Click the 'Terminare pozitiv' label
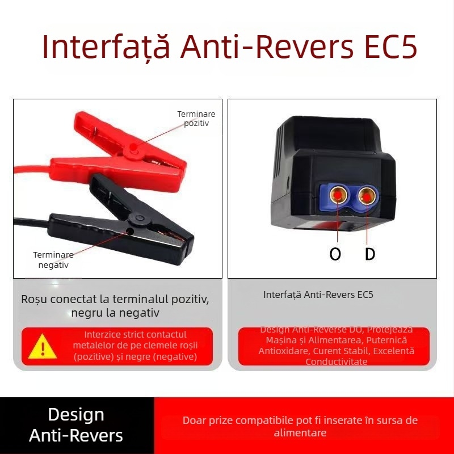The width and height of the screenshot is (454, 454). (196, 118)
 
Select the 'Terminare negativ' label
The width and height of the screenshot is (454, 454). (53, 260)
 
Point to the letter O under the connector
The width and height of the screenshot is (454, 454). (335, 254)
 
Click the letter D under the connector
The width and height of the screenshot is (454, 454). (370, 254)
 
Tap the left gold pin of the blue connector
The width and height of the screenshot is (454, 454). (338, 196)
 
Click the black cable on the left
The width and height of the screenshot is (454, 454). (28, 220)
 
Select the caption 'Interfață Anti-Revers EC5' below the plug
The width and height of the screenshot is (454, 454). (318, 295)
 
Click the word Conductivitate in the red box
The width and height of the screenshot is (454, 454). (336, 361)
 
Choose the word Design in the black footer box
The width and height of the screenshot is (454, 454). (76, 414)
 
